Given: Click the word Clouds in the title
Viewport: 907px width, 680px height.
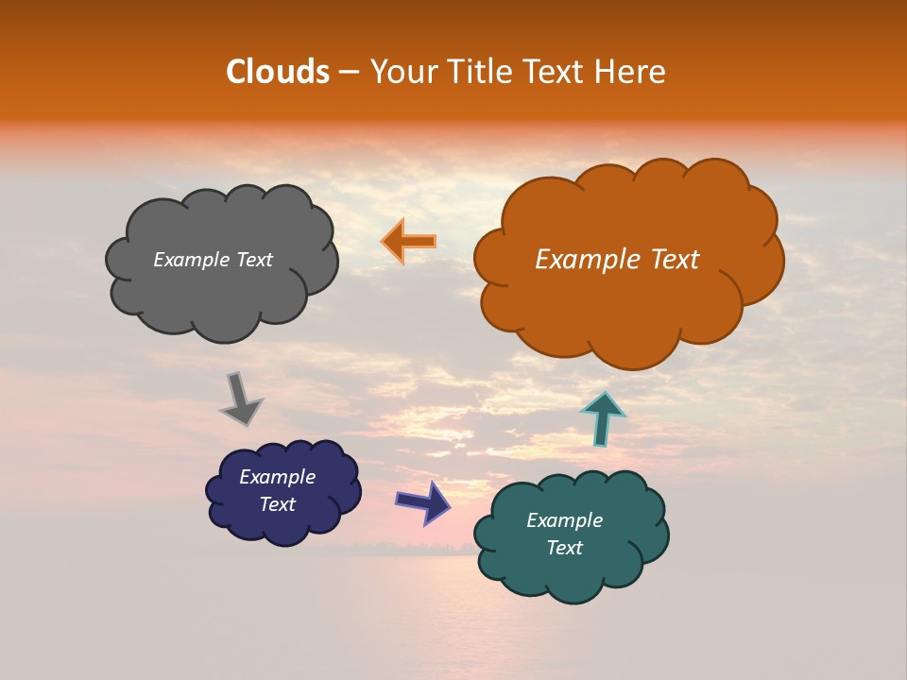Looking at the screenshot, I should pyautogui.click(x=278, y=72).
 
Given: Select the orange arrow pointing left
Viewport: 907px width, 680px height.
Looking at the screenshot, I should pyautogui.click(x=408, y=241).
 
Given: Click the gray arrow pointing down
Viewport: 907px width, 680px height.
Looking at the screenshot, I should pyautogui.click(x=241, y=398).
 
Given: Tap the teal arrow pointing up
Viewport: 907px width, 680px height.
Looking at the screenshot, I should pyautogui.click(x=603, y=417).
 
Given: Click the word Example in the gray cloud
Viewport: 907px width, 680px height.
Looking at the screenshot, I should pyautogui.click(x=192, y=260).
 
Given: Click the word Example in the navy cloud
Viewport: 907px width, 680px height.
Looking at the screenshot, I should pyautogui.click(x=277, y=477).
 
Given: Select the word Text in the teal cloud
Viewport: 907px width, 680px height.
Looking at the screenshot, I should pyautogui.click(x=564, y=548).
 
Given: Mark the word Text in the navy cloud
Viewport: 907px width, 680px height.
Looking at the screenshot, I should pyautogui.click(x=277, y=504).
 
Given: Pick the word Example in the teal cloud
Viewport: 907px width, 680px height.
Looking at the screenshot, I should pyautogui.click(x=564, y=520).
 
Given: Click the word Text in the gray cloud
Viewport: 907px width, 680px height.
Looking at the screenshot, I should pyautogui.click(x=252, y=260).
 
